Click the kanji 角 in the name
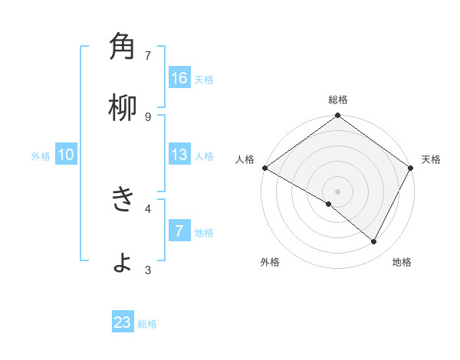click(123, 48)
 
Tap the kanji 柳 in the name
click(123, 109)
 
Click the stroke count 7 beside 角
click(148, 55)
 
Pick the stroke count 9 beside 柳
click(148, 116)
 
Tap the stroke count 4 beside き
click(148, 208)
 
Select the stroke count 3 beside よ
click(148, 269)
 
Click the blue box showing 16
click(179, 78)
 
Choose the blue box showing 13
click(179, 155)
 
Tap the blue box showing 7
click(179, 231)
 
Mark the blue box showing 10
click(66, 155)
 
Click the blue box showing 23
click(123, 322)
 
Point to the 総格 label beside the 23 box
click(147, 324)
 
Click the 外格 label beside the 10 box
click(41, 156)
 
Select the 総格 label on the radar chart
click(338, 100)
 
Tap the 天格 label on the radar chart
click(431, 159)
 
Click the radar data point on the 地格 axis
click(374, 241)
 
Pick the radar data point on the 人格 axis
click(264, 168)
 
